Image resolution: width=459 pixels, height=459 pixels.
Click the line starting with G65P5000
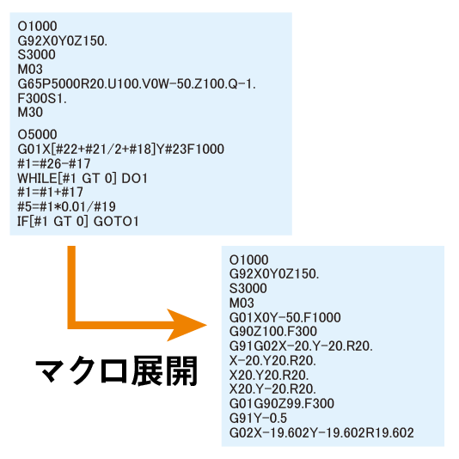click(137, 84)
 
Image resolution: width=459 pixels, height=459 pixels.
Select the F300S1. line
click(42, 98)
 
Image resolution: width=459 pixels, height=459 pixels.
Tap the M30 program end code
click(30, 113)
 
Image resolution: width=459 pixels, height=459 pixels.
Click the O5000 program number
click(37, 135)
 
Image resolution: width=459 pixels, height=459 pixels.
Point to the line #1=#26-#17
click(54, 163)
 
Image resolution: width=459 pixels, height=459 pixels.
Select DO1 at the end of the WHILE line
click(134, 178)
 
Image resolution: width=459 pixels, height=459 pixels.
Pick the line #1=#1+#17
click(51, 193)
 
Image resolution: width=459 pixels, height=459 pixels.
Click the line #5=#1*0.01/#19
click(66, 206)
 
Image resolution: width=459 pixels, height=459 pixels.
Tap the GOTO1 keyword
click(116, 221)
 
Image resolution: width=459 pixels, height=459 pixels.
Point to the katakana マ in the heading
click(50, 370)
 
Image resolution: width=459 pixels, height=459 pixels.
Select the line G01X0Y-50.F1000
click(285, 317)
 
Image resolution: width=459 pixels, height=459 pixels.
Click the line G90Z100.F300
click(273, 332)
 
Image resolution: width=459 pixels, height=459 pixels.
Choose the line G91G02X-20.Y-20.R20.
click(301, 346)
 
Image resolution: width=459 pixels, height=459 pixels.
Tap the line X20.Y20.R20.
click(269, 375)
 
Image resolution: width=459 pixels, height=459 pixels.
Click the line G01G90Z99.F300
click(282, 404)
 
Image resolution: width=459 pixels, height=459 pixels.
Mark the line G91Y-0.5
click(258, 418)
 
